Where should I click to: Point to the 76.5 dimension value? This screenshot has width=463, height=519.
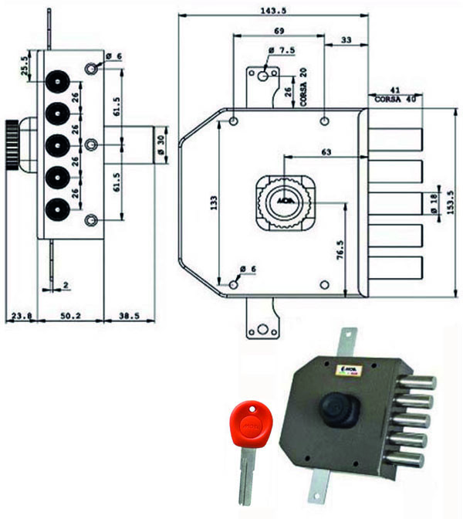(340, 252)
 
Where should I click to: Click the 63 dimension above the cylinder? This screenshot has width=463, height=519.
(326, 154)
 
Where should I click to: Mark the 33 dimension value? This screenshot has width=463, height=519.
(346, 39)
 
